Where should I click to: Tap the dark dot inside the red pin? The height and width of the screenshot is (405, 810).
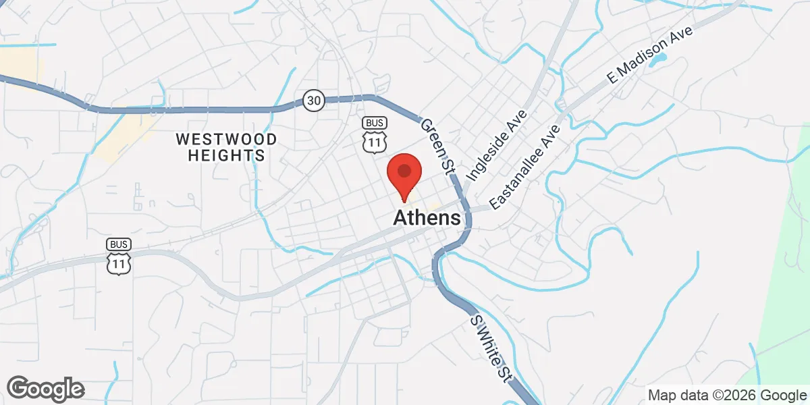coord(404,170)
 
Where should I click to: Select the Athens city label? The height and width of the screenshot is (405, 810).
coord(427,218)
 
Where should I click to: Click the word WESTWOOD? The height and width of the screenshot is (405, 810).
coord(226,140)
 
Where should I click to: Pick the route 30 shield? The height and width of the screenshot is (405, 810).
coord(314,101)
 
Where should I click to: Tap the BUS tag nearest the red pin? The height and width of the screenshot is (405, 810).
coord(374,123)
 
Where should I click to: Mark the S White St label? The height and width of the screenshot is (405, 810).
coord(490,348)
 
